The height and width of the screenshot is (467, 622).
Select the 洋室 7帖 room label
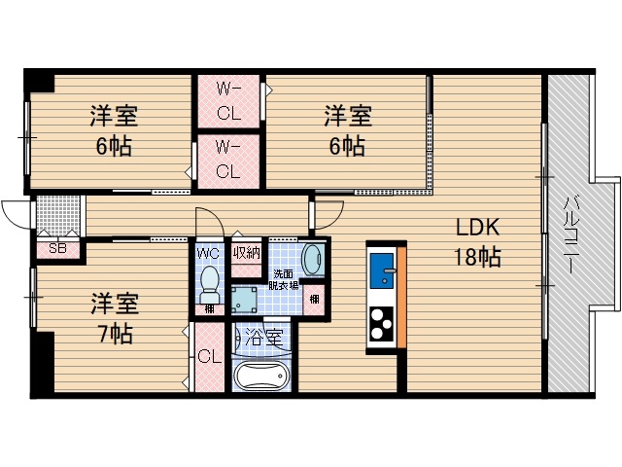tap(115, 317)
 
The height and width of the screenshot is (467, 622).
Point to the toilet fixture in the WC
tap(208, 286)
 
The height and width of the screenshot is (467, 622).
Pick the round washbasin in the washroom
tap(313, 259)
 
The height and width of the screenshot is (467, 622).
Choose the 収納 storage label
tap(247, 253)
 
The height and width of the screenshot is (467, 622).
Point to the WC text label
tap(209, 253)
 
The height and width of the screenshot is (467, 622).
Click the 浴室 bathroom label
tap(264, 339)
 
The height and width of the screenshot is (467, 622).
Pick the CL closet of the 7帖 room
tap(209, 356)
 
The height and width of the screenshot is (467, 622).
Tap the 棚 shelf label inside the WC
tap(209, 309)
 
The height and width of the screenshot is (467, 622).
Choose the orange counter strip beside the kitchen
tap(400, 296)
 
